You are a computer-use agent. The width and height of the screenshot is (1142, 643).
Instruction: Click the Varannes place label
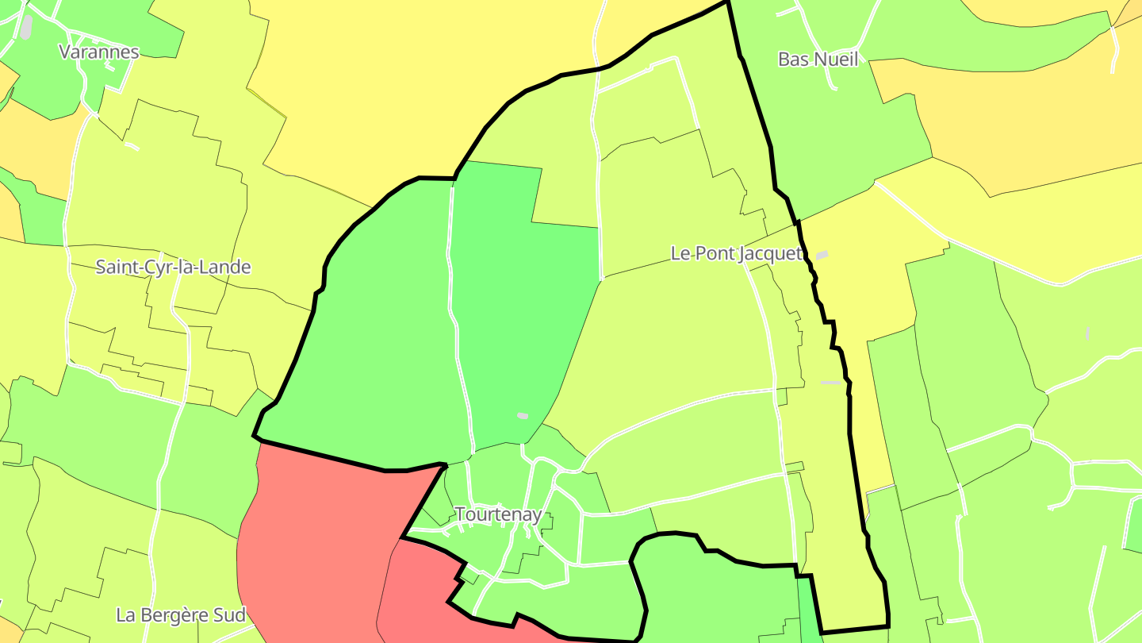pyautogui.click(x=99, y=52)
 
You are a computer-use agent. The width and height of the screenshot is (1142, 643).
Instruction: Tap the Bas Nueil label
pyautogui.click(x=818, y=60)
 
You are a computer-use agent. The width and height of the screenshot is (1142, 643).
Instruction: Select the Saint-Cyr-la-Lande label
pyautogui.click(x=173, y=267)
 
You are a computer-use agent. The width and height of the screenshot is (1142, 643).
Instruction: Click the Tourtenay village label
pyautogui.click(x=498, y=514)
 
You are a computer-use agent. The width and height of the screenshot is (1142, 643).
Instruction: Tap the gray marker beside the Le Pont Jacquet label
pyautogui.click(x=822, y=255)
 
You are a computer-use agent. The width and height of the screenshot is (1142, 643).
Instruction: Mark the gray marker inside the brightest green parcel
pyautogui.click(x=522, y=415)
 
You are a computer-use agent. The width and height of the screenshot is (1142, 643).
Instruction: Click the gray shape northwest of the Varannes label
pyautogui.click(x=26, y=26)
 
